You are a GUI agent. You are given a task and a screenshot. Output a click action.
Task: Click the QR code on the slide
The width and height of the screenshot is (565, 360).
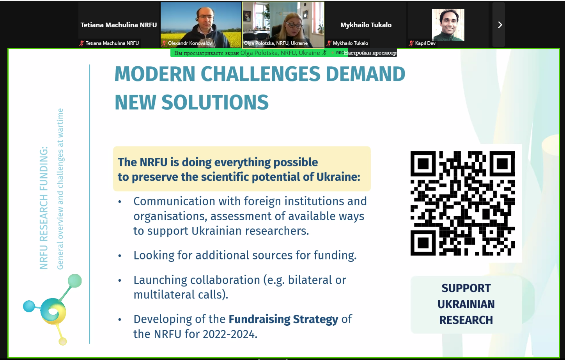pos(462,203)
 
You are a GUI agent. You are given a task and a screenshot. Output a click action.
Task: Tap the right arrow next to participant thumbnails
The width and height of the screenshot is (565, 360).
pos(500,25)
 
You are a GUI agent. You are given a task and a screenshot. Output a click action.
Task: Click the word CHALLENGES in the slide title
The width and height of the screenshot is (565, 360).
pos(260,74)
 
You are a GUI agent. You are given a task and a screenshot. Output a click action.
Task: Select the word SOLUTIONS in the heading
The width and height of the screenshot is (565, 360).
pos(215,102)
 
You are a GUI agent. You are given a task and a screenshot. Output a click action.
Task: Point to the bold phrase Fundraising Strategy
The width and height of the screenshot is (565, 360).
pos(283,319)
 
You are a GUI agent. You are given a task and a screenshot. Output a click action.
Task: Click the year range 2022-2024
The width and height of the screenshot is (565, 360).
pos(230,334)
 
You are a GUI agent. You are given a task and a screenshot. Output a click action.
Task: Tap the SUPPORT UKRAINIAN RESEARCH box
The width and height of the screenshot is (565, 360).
pos(466,304)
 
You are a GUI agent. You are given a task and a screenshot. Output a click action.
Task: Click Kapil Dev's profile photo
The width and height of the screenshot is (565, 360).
pos(448,25)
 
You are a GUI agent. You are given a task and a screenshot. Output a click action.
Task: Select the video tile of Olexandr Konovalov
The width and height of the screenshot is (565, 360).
pos(201,25)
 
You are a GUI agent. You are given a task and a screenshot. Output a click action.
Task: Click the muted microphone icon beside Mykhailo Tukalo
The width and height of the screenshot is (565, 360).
pos(329,43)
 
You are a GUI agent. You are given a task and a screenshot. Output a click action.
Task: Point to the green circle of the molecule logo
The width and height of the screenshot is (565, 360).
pos(74,281)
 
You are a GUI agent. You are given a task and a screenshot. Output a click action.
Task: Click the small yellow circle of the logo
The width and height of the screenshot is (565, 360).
pos(62,341)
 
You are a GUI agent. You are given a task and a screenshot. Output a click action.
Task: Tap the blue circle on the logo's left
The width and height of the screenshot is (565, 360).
pos(29,306)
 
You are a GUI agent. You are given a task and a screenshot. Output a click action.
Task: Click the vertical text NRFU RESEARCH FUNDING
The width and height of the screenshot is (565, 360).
pos(43,208)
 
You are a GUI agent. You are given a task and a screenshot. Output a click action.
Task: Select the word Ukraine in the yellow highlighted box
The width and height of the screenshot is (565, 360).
pos(338,177)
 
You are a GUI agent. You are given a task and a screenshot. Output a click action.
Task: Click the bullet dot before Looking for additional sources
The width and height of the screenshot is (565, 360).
pos(120,256)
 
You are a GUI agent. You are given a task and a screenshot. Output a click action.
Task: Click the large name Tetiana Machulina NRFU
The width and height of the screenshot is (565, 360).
pos(119,25)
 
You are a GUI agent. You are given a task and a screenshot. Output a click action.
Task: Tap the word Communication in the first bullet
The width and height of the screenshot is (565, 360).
pos(174,201)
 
